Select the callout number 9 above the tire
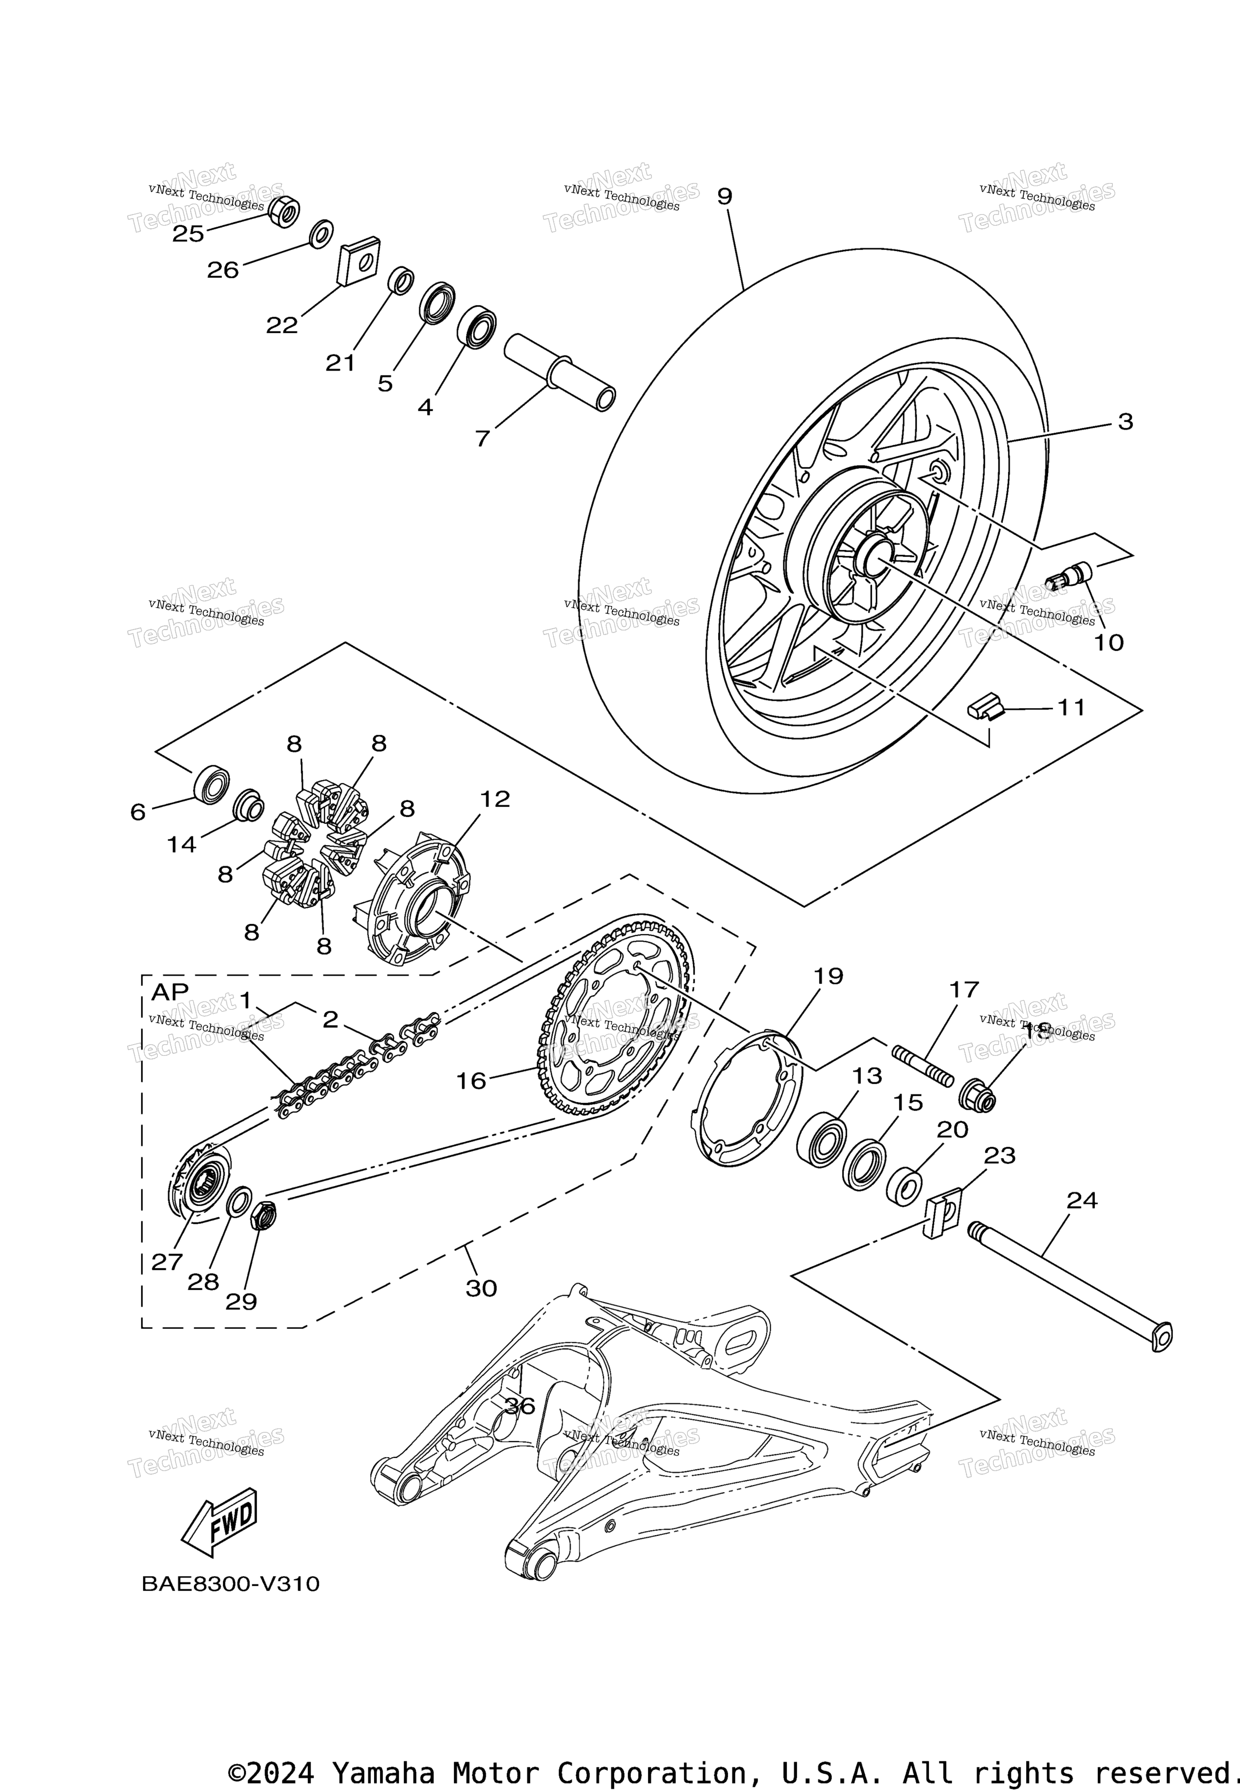click(724, 197)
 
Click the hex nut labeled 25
click(284, 211)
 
